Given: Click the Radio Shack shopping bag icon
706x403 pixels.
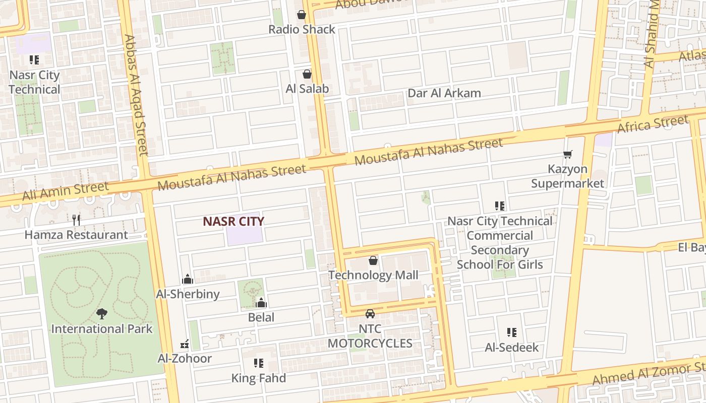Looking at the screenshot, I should point(302,15).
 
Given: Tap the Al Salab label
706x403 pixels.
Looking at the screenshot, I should point(307,89).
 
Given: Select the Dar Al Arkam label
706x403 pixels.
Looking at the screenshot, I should point(444,93).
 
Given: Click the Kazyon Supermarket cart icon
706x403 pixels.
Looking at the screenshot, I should point(568,154).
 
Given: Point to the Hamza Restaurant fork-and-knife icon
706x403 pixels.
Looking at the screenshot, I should point(76,220).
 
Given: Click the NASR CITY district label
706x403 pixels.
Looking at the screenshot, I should point(233,221).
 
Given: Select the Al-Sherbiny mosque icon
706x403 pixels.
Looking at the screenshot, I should point(188,279).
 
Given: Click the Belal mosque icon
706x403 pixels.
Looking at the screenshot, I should point(261,302).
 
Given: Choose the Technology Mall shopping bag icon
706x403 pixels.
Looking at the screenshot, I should point(373,260).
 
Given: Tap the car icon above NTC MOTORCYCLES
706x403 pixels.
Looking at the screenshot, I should point(370,314).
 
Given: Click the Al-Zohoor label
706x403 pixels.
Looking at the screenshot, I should point(185,358).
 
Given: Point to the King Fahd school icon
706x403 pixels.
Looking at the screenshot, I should point(259,363).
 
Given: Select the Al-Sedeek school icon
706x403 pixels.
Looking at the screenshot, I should point(512,332).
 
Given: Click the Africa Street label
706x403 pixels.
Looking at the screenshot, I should point(653,124).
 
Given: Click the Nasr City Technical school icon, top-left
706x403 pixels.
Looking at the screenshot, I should point(34,60).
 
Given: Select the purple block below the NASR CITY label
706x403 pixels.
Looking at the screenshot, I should point(245,236).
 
